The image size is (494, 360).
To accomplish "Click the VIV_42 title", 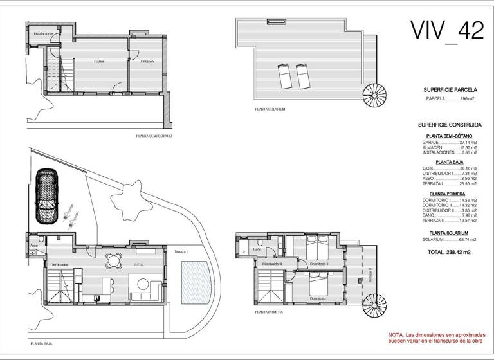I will (x=447, y=30).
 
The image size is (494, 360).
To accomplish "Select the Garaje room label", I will (x=100, y=62).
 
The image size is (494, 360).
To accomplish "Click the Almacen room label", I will (x=147, y=62).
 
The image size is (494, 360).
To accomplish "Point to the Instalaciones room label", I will (x=43, y=34).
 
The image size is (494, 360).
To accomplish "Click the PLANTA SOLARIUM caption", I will (x=270, y=109).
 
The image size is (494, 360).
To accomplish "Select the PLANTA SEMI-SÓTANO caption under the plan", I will (x=154, y=136).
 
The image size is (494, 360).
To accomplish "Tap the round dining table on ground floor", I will (x=114, y=260).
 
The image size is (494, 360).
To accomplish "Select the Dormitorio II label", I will (x=318, y=264).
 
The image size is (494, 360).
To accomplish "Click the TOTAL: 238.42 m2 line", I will (x=449, y=252).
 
